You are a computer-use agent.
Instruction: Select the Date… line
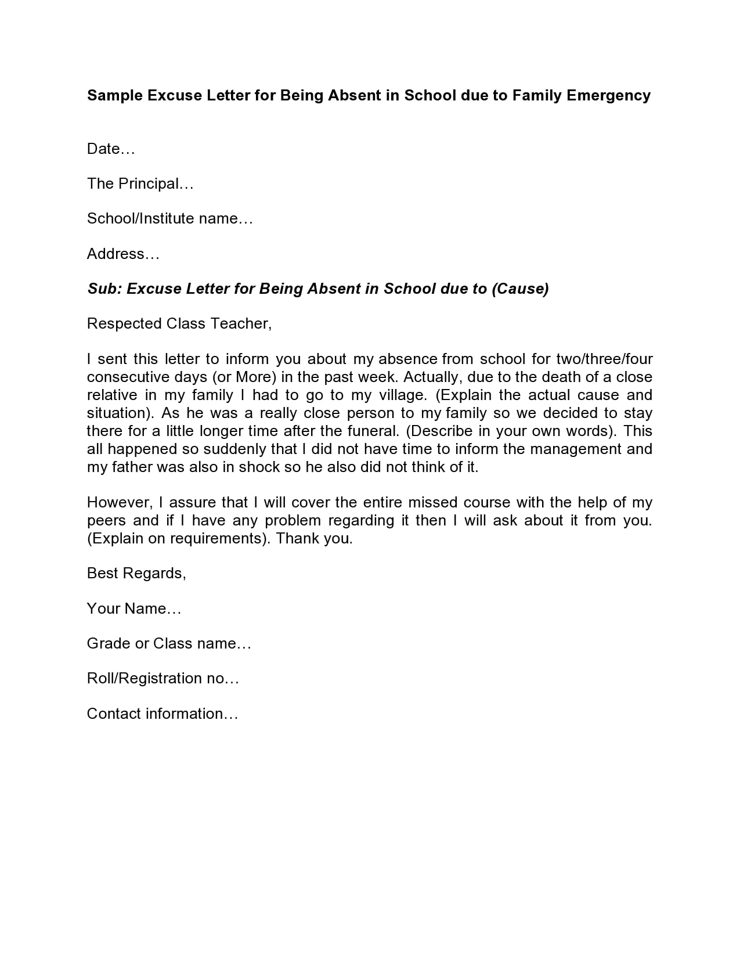(x=111, y=149)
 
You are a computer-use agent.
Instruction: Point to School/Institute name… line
(x=170, y=219)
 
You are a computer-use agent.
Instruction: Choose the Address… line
(x=123, y=254)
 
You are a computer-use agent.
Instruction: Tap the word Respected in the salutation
(x=124, y=323)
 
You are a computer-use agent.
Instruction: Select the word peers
(x=106, y=520)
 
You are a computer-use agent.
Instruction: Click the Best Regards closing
(x=136, y=574)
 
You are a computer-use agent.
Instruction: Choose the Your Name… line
(x=134, y=608)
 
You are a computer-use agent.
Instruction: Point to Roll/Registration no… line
(x=163, y=678)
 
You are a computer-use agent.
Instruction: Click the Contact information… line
(x=163, y=714)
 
